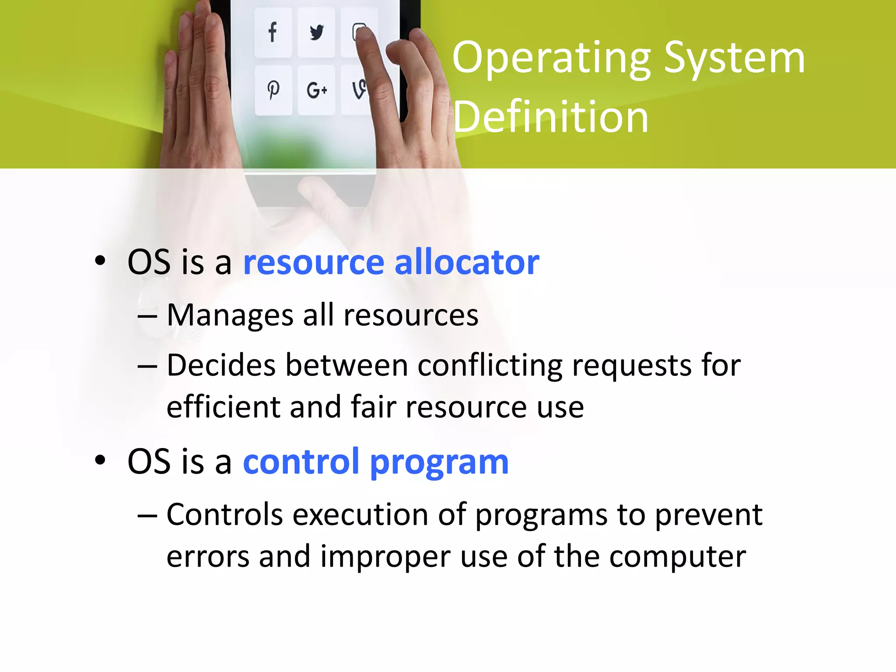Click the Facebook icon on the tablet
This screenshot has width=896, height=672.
[x=273, y=32]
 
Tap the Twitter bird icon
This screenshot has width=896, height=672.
[x=316, y=32]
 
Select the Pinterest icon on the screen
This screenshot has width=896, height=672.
[x=273, y=90]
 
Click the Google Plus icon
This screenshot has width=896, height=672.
[x=316, y=91]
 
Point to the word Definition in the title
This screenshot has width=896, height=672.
[x=550, y=117]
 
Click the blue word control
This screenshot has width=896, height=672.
[x=301, y=461]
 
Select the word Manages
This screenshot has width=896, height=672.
[x=230, y=315]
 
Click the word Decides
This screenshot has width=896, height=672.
[x=221, y=365]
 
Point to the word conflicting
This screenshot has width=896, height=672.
[x=490, y=365]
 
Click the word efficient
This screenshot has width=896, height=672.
[x=223, y=406]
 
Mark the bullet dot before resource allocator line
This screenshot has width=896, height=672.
[x=100, y=261]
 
